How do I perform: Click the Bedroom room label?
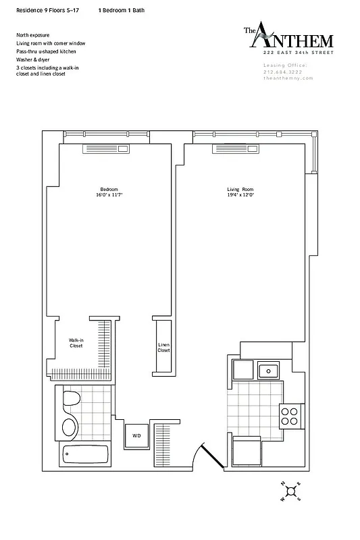click(109, 188)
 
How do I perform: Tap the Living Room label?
click(240, 188)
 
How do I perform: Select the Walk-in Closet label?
click(76, 343)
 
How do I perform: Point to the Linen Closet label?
click(163, 347)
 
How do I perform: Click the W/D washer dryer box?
click(136, 436)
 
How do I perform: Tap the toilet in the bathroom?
click(69, 402)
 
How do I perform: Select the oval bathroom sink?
click(69, 427)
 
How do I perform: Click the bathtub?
click(85, 456)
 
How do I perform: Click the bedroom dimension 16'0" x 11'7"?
click(109, 194)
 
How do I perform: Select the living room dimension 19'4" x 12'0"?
click(240, 194)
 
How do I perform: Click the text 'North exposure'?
click(30, 34)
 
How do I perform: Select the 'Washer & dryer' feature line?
click(33, 59)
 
